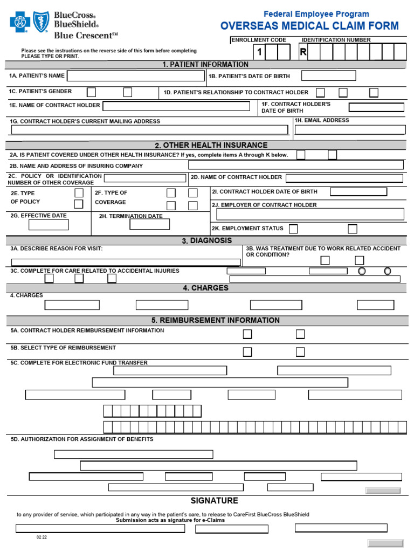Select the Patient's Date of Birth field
coord(328,75)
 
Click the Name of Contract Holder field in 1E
coord(176,106)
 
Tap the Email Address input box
coord(349,129)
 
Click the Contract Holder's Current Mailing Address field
coord(149,129)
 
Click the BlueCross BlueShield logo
coord(54,25)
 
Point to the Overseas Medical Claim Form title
coord(309,26)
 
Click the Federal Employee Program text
coord(316,14)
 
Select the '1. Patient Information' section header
coord(205,65)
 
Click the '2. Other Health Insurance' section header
coord(211,145)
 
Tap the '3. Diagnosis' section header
coord(207,240)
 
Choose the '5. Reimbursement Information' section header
coord(216,320)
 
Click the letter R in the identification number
coord(303,52)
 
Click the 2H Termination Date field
coord(149,224)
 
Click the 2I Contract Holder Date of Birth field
coord(358,191)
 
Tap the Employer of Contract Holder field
coord(310,214)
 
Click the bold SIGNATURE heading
coord(214,501)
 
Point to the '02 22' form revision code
coord(42,537)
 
